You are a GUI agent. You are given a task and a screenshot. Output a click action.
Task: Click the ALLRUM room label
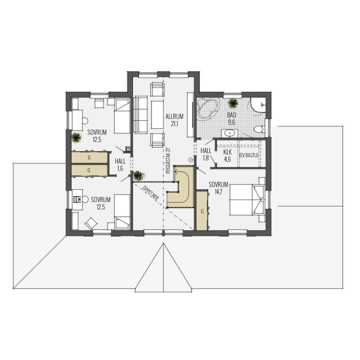pyautogui.click(x=174, y=116)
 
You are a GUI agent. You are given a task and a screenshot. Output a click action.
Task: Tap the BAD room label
pyautogui.click(x=232, y=115)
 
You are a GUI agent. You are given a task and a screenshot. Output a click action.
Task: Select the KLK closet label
pyautogui.click(x=227, y=152)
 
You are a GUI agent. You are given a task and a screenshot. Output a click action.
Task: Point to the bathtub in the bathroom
pyautogui.click(x=208, y=108)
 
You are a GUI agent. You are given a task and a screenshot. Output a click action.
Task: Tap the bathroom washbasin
pyautogui.click(x=230, y=133)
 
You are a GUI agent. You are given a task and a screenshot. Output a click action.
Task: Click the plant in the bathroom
pyautogui.click(x=233, y=103)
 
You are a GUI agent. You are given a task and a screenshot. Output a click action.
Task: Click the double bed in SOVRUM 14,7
pyautogui.click(x=247, y=200)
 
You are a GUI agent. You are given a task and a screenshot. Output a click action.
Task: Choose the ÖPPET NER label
pyautogui.click(x=150, y=193)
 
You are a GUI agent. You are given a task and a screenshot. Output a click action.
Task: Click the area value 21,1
pyautogui.click(x=174, y=124)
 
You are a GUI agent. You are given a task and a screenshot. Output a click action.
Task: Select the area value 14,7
pyautogui.click(x=218, y=192)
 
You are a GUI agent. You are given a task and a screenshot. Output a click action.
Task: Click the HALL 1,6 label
pyautogui.click(x=120, y=165)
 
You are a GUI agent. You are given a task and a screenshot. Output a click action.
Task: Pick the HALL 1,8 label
pyautogui.click(x=206, y=154)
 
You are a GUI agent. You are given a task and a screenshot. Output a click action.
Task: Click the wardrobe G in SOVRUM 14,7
pyautogui.click(x=202, y=210)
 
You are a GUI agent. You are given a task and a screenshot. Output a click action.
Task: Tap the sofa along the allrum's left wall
pyautogui.click(x=140, y=115)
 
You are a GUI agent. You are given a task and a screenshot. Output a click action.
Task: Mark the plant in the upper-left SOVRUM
pyautogui.click(x=76, y=137)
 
